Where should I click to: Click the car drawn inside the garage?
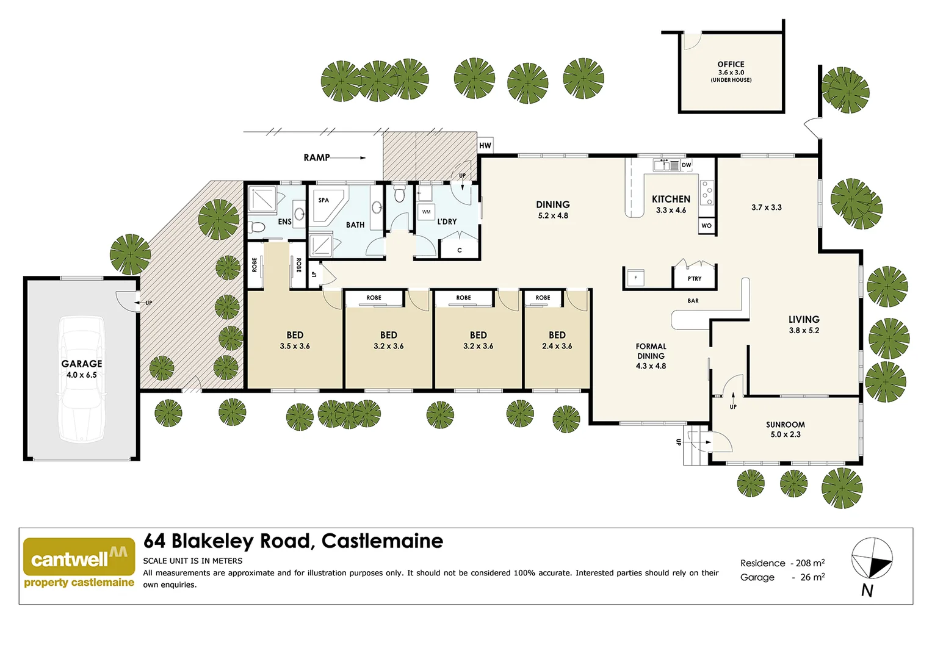pyautogui.click(x=81, y=378)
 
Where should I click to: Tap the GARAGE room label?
pyautogui.click(x=82, y=364)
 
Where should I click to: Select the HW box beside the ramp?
pyautogui.click(x=485, y=145)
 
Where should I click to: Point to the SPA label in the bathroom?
pyautogui.click(x=323, y=200)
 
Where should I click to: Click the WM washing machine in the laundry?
pyautogui.click(x=426, y=212)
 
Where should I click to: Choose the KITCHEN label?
pyautogui.click(x=671, y=199)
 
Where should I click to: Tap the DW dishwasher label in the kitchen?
pyautogui.click(x=687, y=165)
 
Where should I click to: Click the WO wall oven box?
pyautogui.click(x=706, y=226)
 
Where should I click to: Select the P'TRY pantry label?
pyautogui.click(x=695, y=279)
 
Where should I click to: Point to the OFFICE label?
pyautogui.click(x=731, y=64)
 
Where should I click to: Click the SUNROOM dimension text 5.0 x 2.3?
pyautogui.click(x=785, y=434)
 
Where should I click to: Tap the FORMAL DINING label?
pyautogui.click(x=651, y=351)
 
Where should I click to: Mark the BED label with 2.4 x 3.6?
pyautogui.click(x=557, y=335)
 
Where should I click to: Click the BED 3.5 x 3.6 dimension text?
pyautogui.click(x=295, y=346)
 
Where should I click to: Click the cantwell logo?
pyautogui.click(x=79, y=557)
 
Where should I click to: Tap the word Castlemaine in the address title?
pyautogui.click(x=382, y=541)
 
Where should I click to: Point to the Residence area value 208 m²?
pyautogui.click(x=810, y=563)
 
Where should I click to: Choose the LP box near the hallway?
pyautogui.click(x=314, y=275)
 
